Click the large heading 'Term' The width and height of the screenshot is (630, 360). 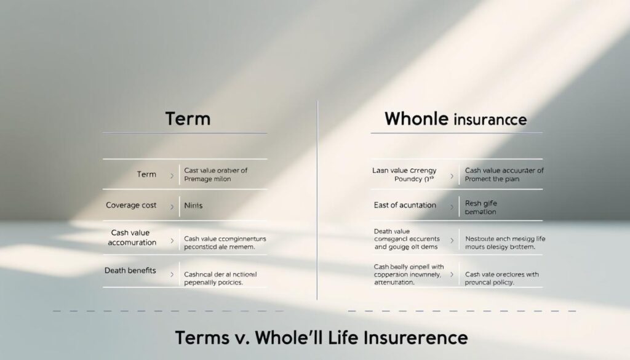tap(188, 118)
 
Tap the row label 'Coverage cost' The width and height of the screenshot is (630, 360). tap(130, 205)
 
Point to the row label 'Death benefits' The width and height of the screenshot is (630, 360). tap(130, 270)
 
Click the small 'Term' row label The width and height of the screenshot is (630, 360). tap(146, 174)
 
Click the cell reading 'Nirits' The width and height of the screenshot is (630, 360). tap(194, 206)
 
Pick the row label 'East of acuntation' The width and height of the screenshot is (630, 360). tap(404, 205)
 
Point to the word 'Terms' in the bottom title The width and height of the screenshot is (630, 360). tap(200, 338)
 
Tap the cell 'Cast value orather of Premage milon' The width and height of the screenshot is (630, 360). tap(215, 174)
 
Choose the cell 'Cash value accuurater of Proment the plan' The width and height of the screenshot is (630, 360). tap(504, 174)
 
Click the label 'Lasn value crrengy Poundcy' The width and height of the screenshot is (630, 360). tap(404, 174)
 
